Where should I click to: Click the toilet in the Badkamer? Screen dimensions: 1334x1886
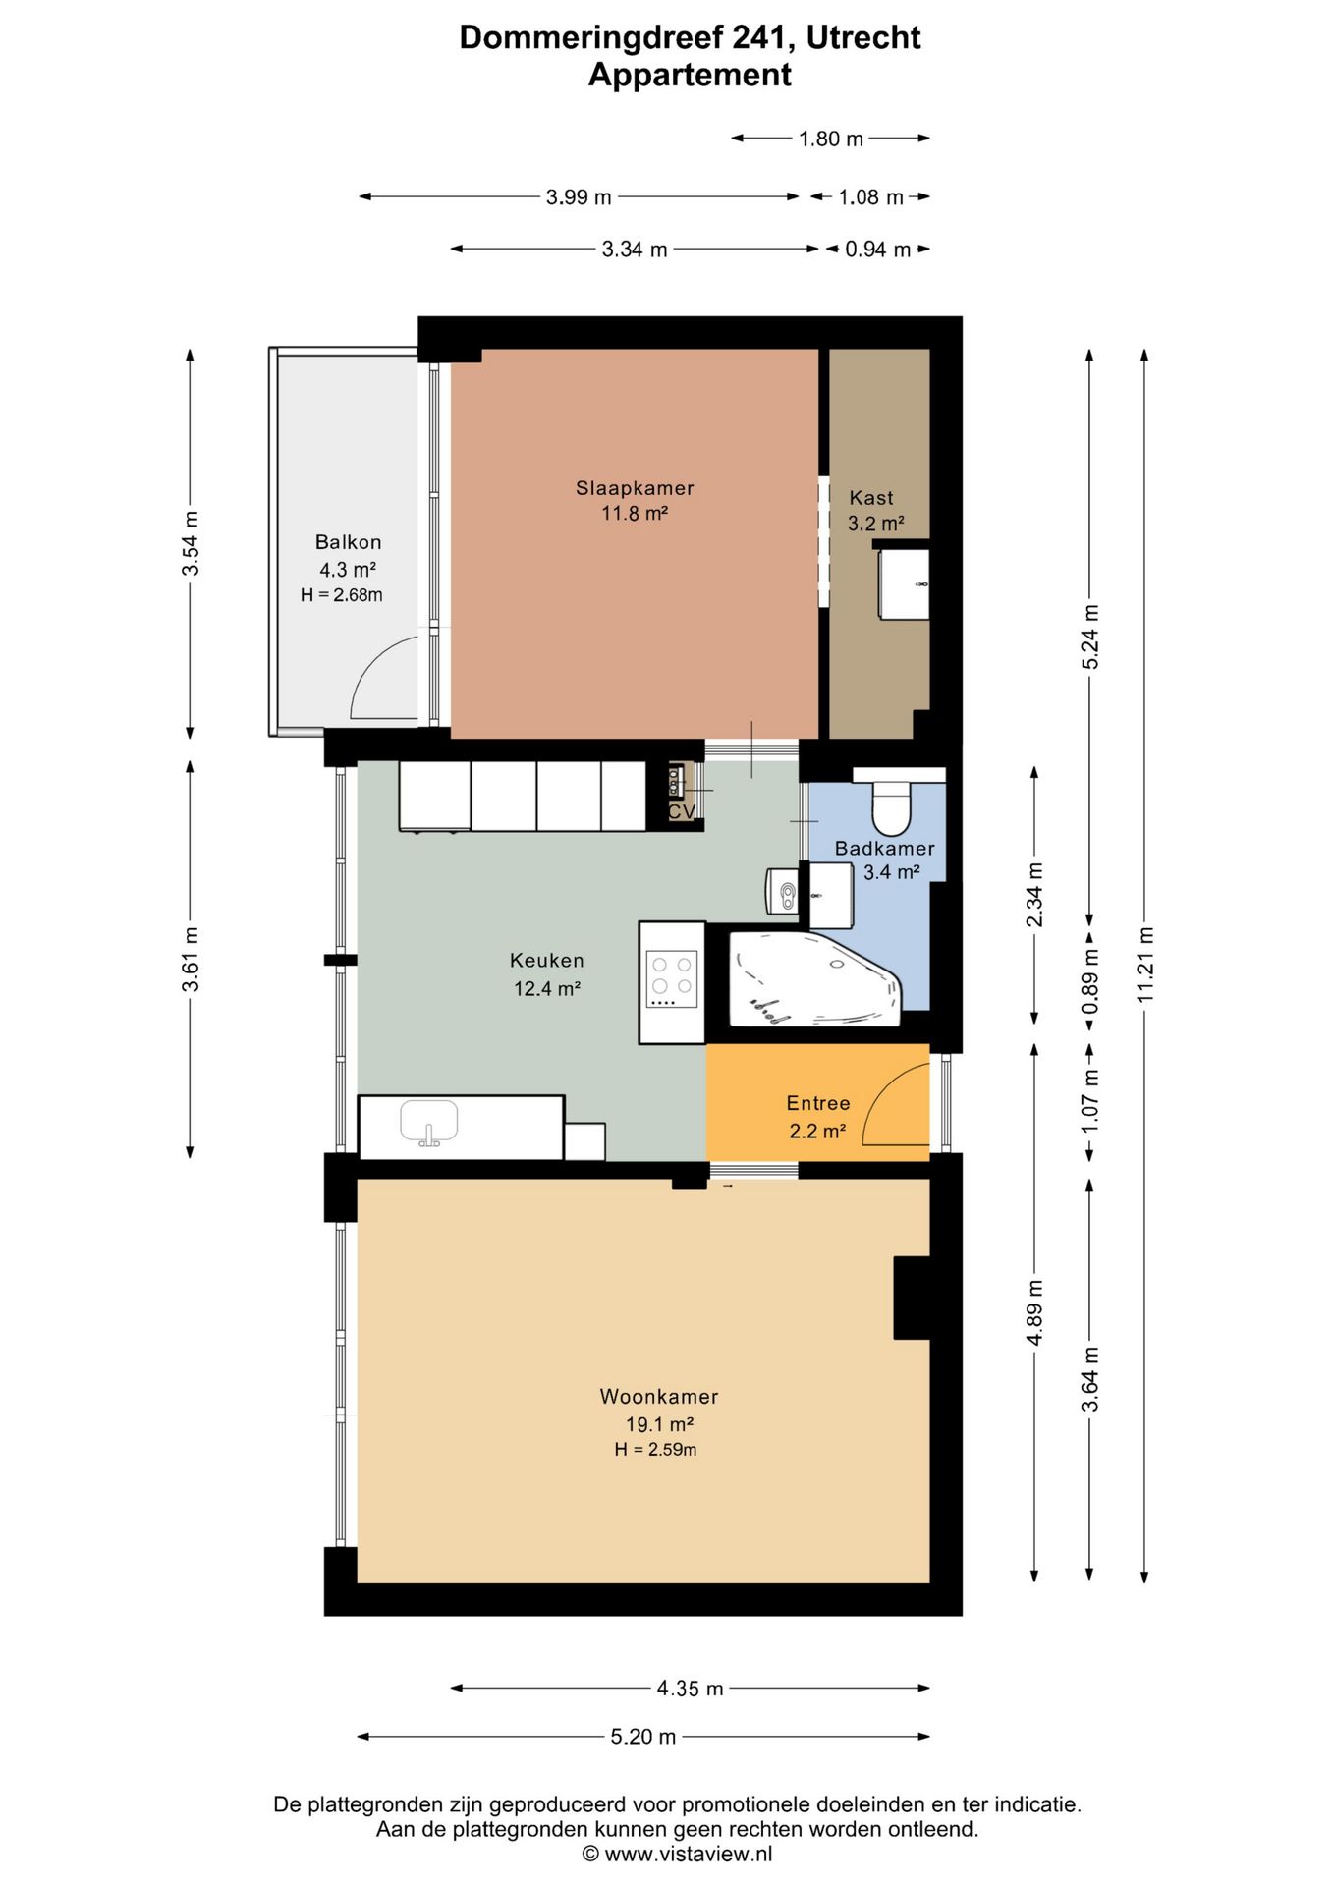pos(891,806)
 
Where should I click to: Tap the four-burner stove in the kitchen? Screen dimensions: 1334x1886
pos(672,978)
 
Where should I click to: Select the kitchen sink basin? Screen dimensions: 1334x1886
pos(429,1121)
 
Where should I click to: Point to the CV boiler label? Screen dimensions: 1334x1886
pos(681,811)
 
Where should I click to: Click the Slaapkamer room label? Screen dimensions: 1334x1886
pos(635,488)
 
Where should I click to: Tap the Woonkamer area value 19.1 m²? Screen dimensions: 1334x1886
pos(660,1424)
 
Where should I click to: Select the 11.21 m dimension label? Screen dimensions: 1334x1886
pos(1145,966)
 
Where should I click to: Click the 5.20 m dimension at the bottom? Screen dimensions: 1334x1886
pos(643,1737)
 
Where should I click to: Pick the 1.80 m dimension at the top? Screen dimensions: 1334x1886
pos(831,139)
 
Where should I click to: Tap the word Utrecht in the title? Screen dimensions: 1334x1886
pos(863,37)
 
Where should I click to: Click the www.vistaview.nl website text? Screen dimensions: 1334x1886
pos(689,1854)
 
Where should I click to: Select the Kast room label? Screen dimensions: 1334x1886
pos(871,498)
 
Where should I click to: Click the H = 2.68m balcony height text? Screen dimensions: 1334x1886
pos(342,595)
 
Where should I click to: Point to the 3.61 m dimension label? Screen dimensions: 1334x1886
pos(191,960)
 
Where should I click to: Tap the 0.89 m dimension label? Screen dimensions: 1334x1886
pos(1090,982)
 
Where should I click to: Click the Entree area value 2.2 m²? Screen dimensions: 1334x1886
pos(817,1131)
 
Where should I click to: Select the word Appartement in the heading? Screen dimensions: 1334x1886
pos(690,75)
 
